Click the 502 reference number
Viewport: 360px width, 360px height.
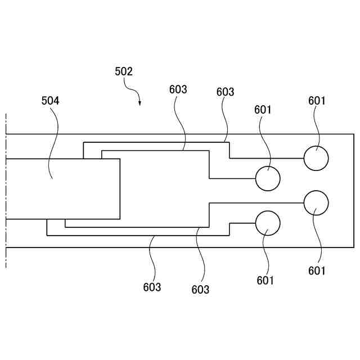pyautogui.click(x=123, y=71)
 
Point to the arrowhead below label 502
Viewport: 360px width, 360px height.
pyautogui.click(x=139, y=103)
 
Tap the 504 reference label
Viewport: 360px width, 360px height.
pyautogui.click(x=51, y=101)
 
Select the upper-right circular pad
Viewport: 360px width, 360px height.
pyautogui.click(x=316, y=158)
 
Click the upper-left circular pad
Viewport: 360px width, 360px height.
pyautogui.click(x=268, y=178)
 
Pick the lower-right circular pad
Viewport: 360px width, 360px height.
pyautogui.click(x=316, y=203)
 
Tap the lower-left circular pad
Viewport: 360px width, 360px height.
pyautogui.click(x=268, y=223)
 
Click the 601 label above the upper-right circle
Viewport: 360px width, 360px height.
pyautogui.click(x=317, y=101)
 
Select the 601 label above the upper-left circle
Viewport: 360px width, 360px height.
pyautogui.click(x=263, y=110)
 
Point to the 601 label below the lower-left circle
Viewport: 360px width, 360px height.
pyautogui.click(x=265, y=280)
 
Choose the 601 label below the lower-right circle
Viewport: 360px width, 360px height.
pyautogui.click(x=317, y=271)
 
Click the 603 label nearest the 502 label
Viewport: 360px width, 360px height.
pyautogui.click(x=178, y=89)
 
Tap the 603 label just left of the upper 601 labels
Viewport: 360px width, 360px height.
pyautogui.click(x=225, y=92)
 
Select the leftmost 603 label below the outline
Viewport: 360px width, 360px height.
pyautogui.click(x=152, y=287)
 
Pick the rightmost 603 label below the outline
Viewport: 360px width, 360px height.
pyautogui.click(x=200, y=290)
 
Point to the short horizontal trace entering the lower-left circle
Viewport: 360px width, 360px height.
pyautogui.click(x=242, y=223)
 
